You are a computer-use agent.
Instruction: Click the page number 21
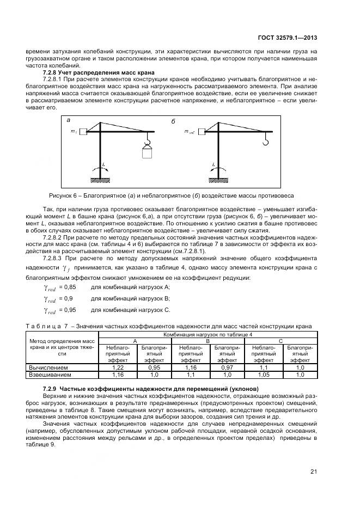(x=314, y=471)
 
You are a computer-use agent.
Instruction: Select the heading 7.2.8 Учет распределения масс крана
(x=99, y=72)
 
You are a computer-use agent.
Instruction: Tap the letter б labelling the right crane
(x=173, y=121)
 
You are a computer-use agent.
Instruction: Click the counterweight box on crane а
(x=83, y=131)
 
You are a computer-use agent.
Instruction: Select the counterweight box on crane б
(x=202, y=131)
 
